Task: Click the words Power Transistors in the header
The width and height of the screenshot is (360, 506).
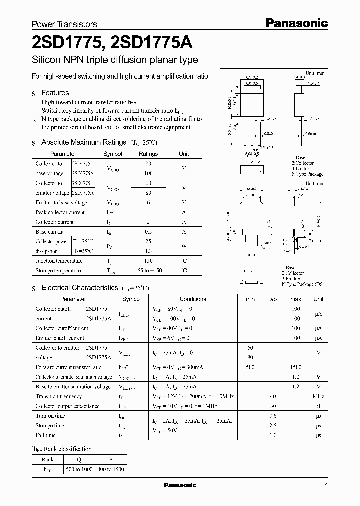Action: pos(64,24)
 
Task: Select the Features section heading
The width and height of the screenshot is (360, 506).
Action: pos(55,93)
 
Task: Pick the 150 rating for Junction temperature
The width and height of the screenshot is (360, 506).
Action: pos(148,261)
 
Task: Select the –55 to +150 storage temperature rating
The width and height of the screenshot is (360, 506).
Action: pos(148,271)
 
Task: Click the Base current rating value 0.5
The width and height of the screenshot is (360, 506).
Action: pos(148,232)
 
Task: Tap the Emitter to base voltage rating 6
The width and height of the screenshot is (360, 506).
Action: pos(148,202)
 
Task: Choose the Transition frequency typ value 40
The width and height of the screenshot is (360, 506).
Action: pos(273,396)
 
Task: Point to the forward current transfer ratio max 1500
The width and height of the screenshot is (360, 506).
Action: pos(295,367)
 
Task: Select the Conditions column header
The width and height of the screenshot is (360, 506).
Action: pos(192,299)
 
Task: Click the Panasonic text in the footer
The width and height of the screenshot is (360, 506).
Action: pos(180,485)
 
